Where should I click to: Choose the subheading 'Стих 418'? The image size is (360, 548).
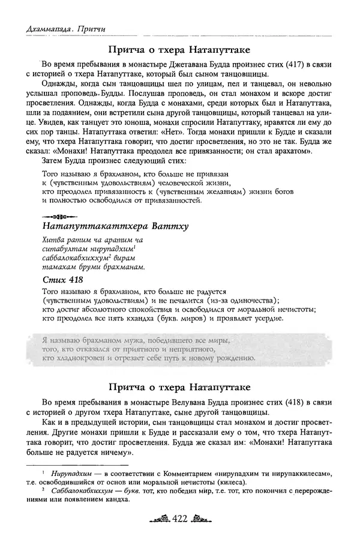coord(62,280)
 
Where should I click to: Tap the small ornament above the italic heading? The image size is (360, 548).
coord(59,214)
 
